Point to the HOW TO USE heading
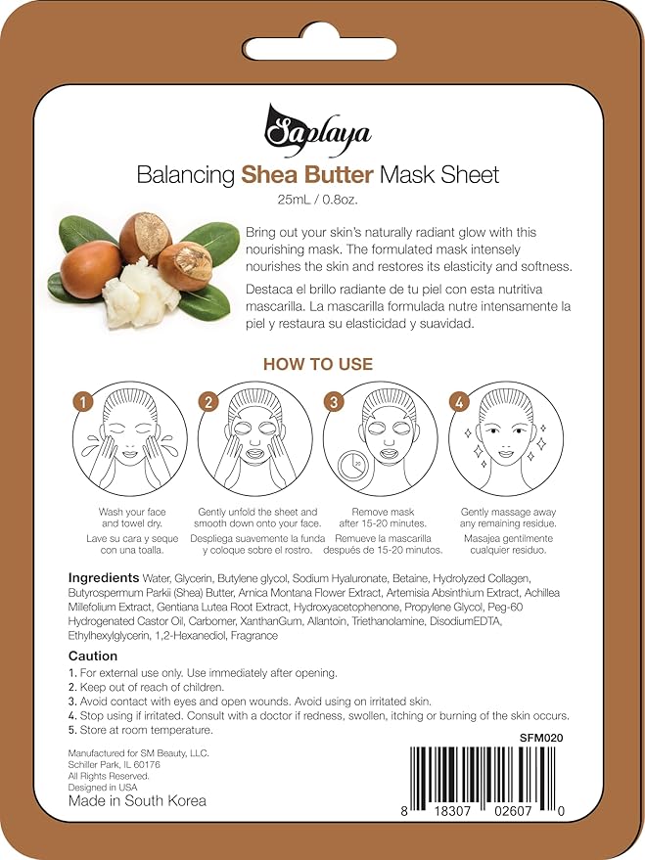tap(318, 364)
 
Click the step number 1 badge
tap(84, 402)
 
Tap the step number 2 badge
tap(207, 402)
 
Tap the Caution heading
tap(93, 656)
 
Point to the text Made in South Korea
tap(137, 800)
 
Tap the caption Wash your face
tap(132, 512)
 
